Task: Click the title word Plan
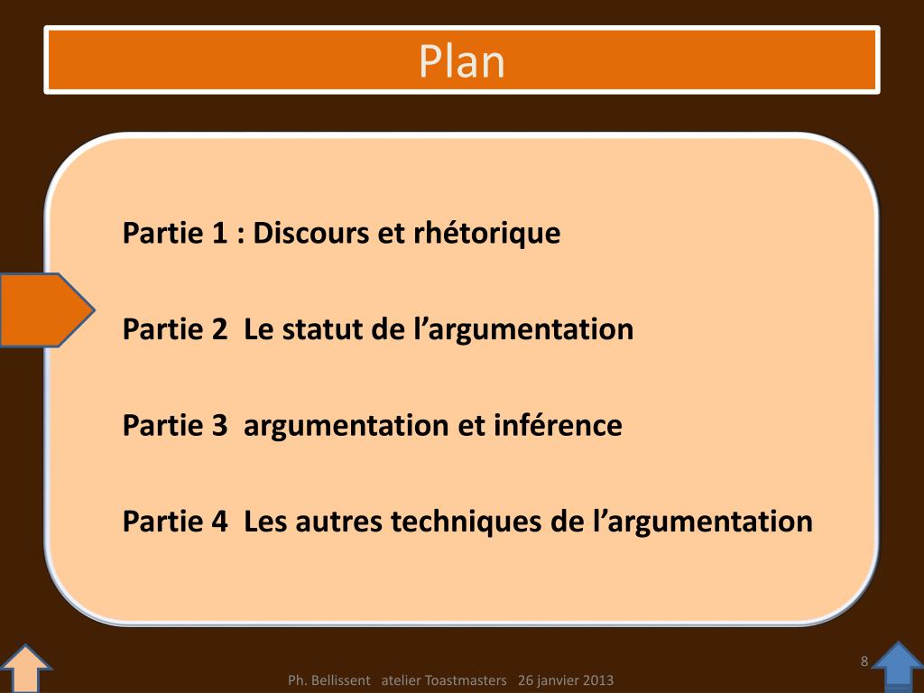coord(461,61)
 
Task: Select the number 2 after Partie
coord(219,329)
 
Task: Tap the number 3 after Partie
coord(219,425)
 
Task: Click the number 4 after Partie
coord(219,521)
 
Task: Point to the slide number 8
coord(864,661)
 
